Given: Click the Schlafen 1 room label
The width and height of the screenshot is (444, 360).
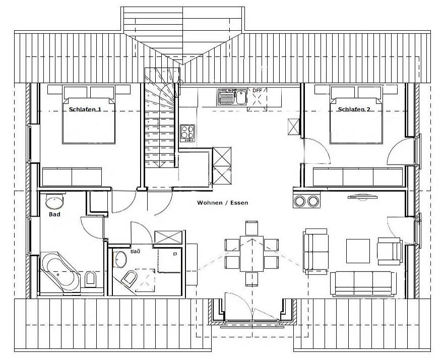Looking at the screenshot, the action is [85, 109].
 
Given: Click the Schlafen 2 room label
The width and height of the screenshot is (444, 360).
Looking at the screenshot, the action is [354, 109].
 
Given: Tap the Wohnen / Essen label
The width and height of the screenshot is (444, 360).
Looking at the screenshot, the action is [223, 202].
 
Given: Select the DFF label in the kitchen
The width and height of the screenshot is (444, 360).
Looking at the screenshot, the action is [257, 91].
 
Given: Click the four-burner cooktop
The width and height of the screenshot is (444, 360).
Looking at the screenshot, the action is [187, 133].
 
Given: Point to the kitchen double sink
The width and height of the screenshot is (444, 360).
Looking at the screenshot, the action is [232, 97].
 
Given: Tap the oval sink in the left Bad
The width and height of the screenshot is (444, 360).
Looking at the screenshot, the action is [54, 201].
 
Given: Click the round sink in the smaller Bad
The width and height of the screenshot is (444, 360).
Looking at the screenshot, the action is [120, 259].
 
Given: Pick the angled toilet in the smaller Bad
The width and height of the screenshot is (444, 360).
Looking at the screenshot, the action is [130, 278].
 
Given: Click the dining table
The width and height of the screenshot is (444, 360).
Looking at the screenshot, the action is [251, 254].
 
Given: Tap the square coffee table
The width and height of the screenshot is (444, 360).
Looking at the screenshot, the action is [358, 251].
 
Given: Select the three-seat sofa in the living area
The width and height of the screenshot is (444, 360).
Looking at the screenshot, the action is [363, 283].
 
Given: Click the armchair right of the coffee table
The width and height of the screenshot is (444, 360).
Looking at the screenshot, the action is [390, 251].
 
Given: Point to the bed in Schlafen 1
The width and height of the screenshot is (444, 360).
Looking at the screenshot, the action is [89, 115].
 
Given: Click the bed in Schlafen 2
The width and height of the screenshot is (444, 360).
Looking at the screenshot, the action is [356, 115].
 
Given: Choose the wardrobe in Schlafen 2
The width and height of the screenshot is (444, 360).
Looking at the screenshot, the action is [358, 177].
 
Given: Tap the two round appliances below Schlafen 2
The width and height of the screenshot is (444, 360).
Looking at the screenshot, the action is [306, 201].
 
